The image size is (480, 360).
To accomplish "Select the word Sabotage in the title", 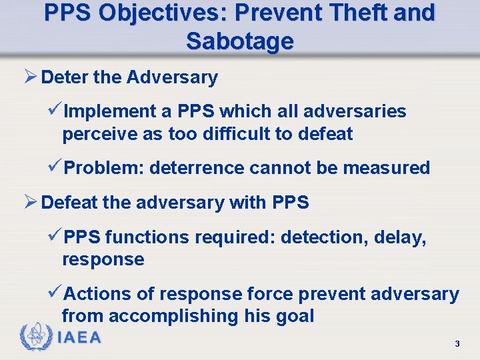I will (239, 41).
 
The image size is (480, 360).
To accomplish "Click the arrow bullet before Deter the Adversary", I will (30, 77).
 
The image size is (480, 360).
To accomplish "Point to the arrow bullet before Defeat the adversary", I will (30, 203).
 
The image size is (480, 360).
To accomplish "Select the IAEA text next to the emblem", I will (80, 337).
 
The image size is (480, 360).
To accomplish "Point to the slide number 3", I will (457, 344).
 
